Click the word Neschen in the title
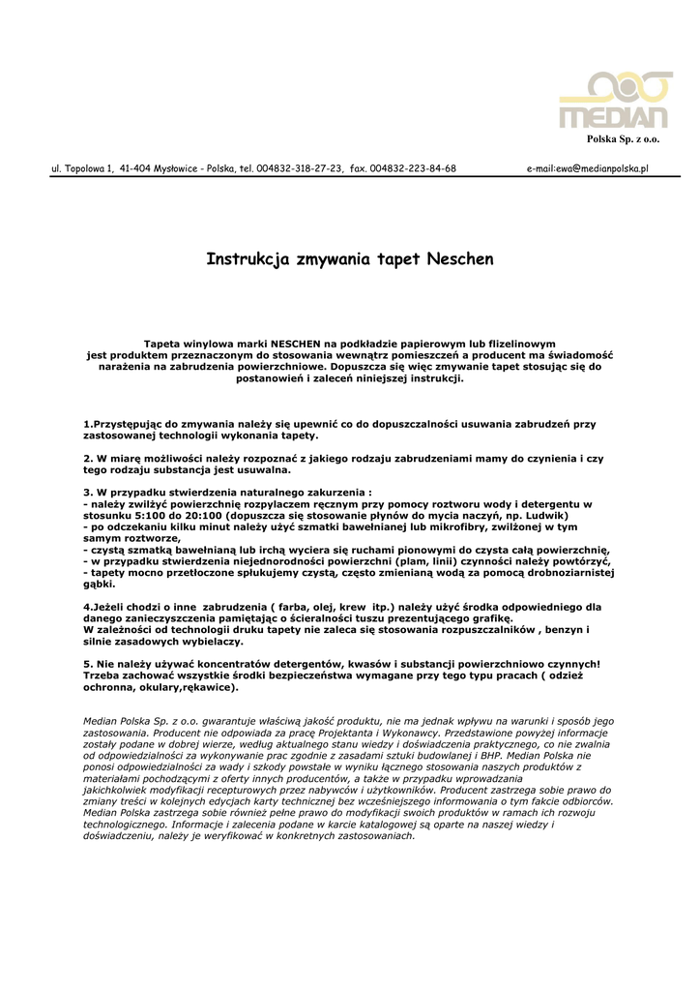pos(460,259)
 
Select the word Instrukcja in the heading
pos(245,259)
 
